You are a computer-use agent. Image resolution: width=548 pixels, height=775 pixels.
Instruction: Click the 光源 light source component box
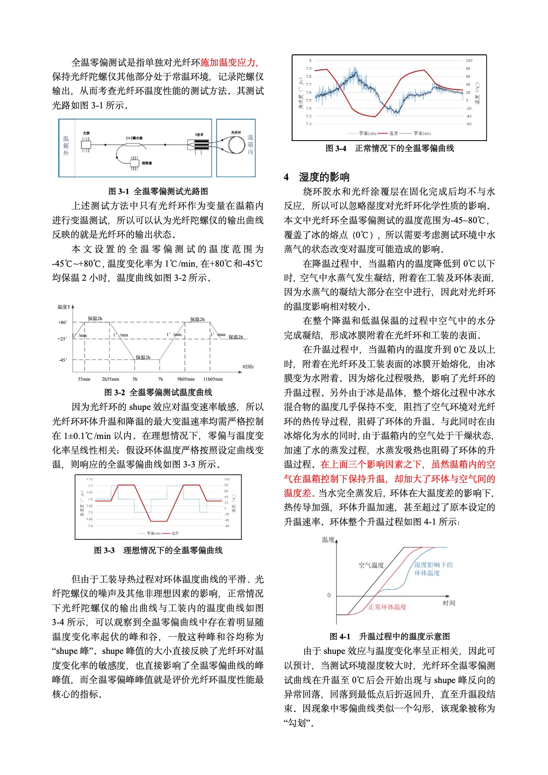[x=86, y=144]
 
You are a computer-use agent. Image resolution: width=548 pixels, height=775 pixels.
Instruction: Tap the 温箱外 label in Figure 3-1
[x=66, y=145]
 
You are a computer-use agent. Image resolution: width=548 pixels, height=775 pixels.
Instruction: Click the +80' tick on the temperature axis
[x=63, y=322]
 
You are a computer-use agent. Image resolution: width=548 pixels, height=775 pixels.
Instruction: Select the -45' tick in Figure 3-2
[x=63, y=360]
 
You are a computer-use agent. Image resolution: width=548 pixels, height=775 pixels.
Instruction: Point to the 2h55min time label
[x=110, y=379]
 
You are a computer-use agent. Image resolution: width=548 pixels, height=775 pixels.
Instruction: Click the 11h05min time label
[x=213, y=379]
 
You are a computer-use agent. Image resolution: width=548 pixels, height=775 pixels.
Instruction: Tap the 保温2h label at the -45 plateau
[x=143, y=357]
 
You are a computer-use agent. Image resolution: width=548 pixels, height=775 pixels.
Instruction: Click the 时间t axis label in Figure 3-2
[x=248, y=367]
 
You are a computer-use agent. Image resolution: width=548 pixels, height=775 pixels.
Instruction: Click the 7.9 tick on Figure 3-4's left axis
[x=308, y=69]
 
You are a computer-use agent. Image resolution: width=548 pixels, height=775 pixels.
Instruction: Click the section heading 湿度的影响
[x=324, y=177]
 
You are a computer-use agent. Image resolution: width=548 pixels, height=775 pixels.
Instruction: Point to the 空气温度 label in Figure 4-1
[x=371, y=565]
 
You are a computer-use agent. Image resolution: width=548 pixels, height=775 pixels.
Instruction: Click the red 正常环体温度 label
[x=388, y=607]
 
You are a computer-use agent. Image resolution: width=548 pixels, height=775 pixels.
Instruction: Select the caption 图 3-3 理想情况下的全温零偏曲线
[x=158, y=550]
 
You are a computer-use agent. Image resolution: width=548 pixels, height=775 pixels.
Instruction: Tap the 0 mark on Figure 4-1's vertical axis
[x=329, y=595]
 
